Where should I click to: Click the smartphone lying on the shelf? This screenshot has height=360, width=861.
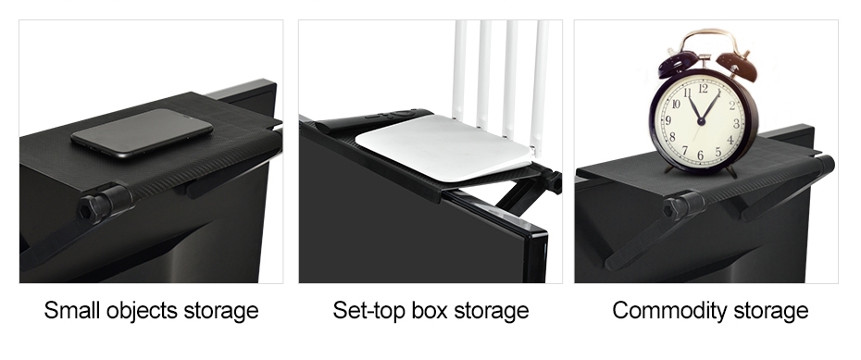click(142, 132)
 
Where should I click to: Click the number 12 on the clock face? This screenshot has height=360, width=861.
click(703, 88)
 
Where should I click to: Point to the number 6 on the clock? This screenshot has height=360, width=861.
click(700, 155)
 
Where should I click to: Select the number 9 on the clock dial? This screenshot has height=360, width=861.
click(668, 120)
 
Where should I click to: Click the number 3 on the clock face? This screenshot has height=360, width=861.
click(736, 123)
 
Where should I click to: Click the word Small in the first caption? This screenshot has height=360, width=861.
click(72, 310)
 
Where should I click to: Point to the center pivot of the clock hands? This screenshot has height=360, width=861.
click(701, 120)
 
